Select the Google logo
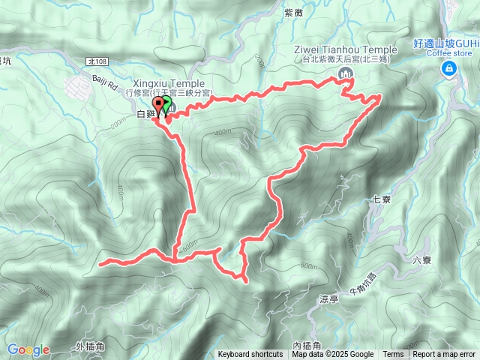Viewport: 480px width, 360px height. [28, 349]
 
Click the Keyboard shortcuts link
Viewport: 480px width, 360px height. [250, 355]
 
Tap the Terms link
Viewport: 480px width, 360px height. [393, 355]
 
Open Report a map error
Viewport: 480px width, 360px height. [444, 355]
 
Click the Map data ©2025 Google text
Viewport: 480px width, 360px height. [333, 355]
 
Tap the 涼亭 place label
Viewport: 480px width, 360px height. [329, 298]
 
